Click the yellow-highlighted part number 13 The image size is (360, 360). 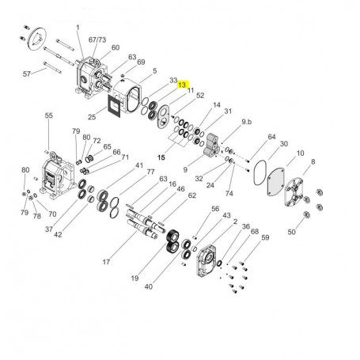point(182,85)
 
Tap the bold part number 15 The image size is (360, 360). point(161,157)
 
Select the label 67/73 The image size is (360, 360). point(97,40)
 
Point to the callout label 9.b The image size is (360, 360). point(247,122)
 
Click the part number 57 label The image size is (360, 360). point(27,74)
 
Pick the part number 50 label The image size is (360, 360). point(291,232)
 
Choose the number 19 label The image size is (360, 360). point(135,278)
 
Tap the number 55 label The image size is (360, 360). point(49,116)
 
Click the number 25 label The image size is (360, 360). point(92,117)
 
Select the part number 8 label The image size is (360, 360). point(313,161)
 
